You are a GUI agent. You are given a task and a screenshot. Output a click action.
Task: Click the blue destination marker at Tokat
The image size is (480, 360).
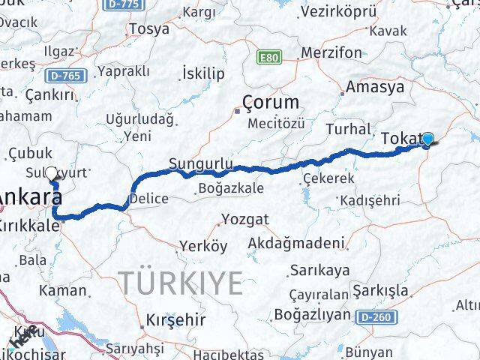click(428, 139)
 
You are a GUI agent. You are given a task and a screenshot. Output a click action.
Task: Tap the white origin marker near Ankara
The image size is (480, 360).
click(52, 173)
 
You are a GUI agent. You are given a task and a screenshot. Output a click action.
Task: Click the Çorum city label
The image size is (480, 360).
click(270, 103)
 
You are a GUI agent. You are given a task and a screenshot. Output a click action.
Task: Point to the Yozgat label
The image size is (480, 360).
click(244, 221)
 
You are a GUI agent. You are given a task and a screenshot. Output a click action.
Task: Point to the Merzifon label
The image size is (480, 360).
click(330, 53)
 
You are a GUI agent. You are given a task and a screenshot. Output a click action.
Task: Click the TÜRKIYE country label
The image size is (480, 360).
click(182, 283)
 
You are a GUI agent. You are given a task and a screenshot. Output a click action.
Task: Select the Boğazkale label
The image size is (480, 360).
click(231, 188)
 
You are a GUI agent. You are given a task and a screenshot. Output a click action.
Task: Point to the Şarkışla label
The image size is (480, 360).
click(382, 291)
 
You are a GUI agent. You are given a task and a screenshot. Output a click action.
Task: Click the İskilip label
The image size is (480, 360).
click(203, 73)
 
